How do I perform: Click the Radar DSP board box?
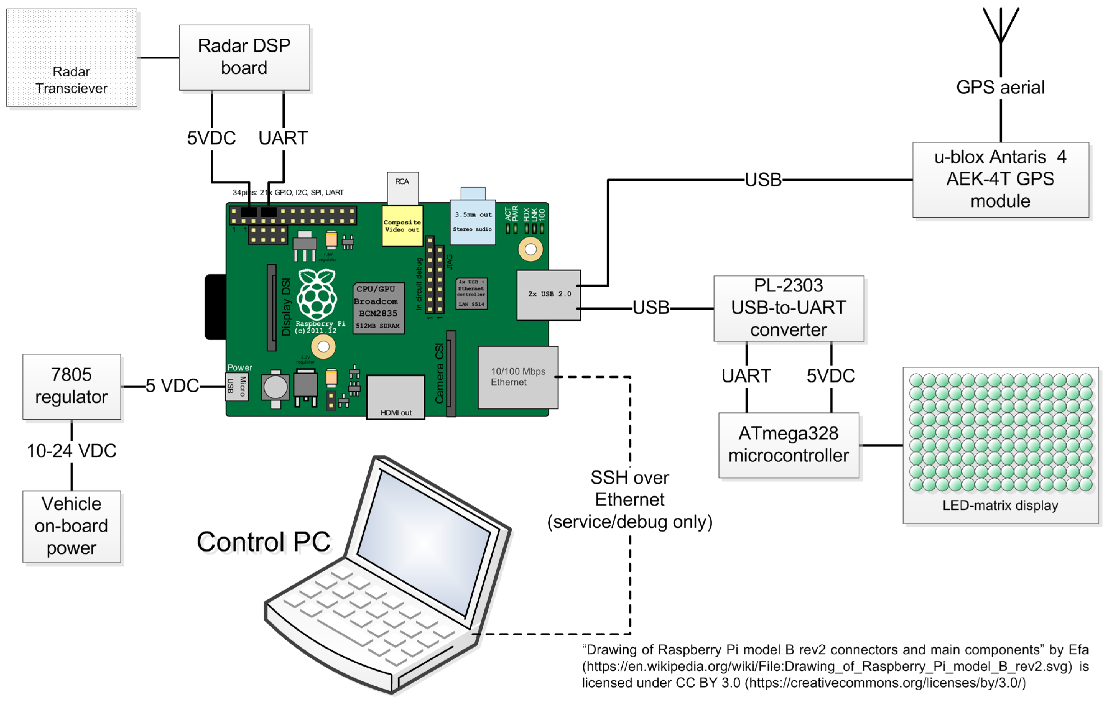(244, 57)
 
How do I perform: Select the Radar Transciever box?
(72, 58)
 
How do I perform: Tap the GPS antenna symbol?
(1000, 28)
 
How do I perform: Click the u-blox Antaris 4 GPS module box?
(1000, 179)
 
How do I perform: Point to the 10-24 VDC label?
(72, 451)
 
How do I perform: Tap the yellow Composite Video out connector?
(402, 226)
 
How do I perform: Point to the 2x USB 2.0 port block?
(548, 294)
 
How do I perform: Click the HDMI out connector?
(396, 397)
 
